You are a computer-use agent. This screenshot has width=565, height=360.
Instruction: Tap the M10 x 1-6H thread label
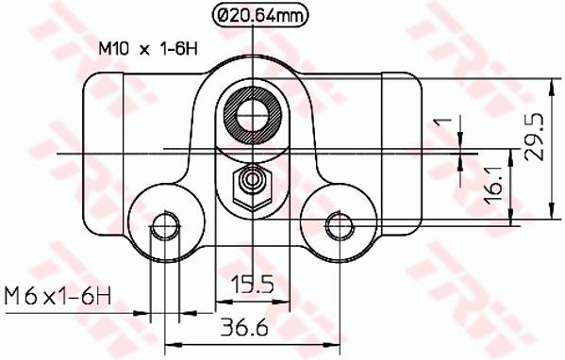click(x=148, y=49)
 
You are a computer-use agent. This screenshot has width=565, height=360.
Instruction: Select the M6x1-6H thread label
click(x=58, y=297)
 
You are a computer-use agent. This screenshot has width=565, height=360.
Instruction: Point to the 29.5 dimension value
click(x=534, y=137)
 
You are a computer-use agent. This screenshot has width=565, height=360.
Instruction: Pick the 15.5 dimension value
click(x=253, y=285)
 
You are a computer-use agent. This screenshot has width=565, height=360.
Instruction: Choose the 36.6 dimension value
click(x=244, y=327)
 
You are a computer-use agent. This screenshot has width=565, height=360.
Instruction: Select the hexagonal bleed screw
click(x=253, y=187)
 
